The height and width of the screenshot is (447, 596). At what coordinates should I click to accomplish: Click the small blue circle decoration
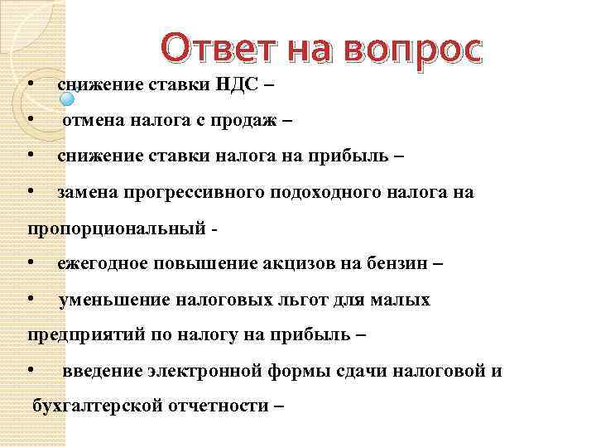coord(68,98)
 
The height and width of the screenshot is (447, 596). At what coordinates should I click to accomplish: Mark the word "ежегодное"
coord(103,264)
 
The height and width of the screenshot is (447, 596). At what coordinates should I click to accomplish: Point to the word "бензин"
coord(397,264)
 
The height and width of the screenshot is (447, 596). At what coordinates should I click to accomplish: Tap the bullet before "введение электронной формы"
coord(30,371)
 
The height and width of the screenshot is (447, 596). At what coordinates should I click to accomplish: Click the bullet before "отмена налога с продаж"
coord(30,121)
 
